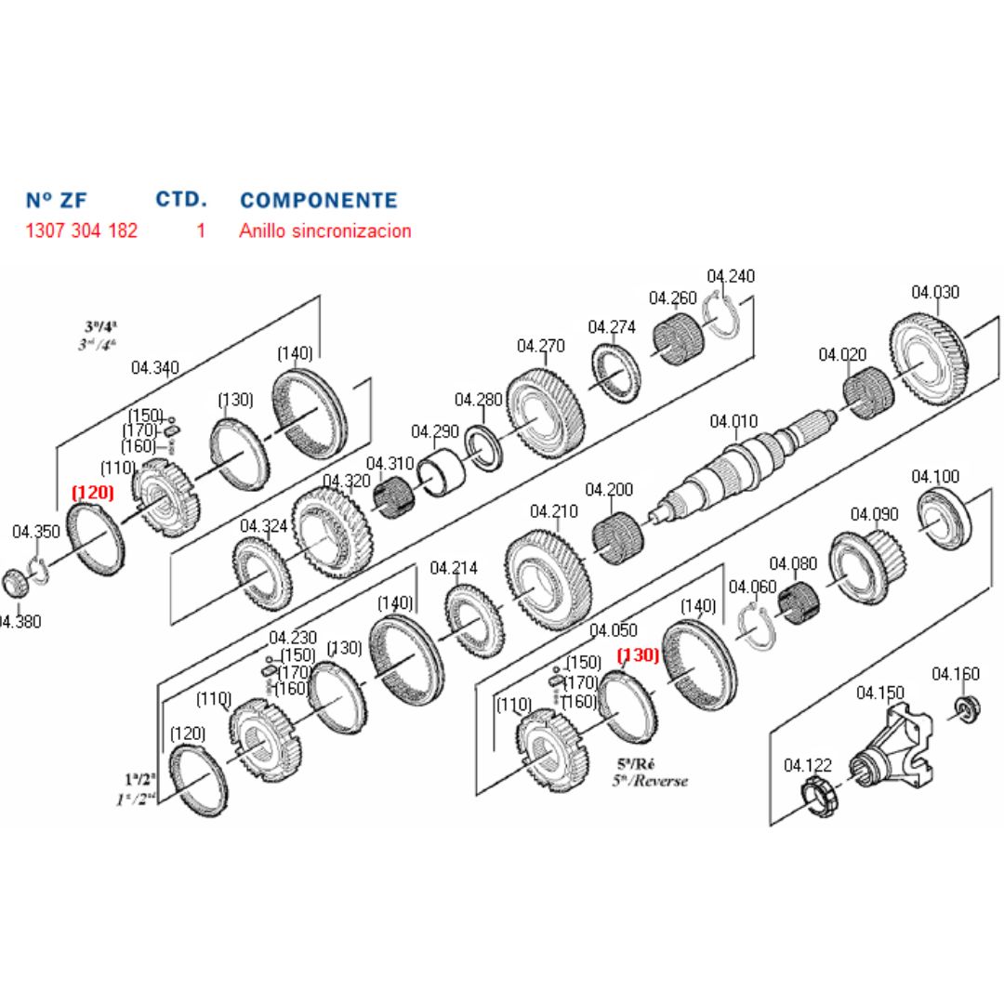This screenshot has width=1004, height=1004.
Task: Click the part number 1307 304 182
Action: [82, 231]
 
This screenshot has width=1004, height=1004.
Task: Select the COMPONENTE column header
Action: [318, 200]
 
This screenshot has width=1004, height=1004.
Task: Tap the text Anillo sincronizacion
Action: [324, 231]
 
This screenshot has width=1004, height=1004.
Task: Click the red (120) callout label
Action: [92, 492]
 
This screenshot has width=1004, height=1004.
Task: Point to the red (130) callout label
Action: [639, 655]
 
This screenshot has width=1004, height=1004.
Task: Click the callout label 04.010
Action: [733, 421]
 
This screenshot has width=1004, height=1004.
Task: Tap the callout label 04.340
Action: [155, 367]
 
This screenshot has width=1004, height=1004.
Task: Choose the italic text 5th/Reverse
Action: [650, 781]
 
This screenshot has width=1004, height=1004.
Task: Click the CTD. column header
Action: [181, 199]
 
